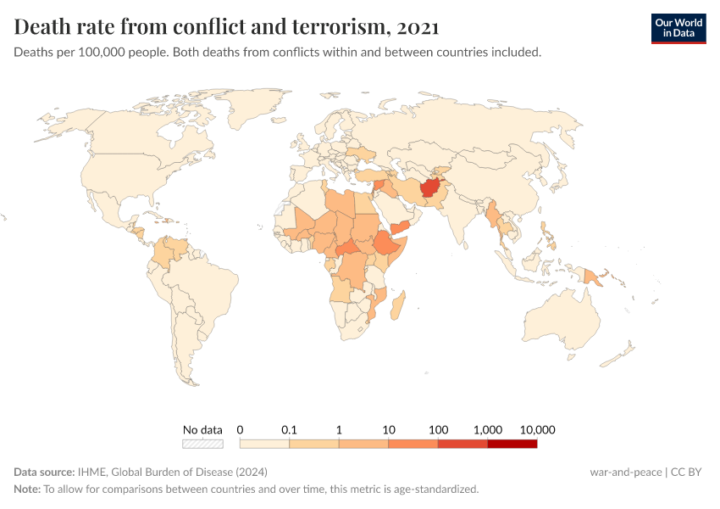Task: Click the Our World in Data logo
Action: (678, 27)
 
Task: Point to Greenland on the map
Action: (254, 106)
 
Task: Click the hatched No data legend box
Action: (202, 443)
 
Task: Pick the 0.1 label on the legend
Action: (290, 429)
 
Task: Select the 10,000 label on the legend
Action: (537, 429)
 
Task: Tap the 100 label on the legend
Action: (438, 429)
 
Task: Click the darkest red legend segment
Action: (512, 443)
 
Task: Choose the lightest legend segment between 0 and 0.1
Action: (265, 443)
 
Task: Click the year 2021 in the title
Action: (417, 27)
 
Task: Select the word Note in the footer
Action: (26, 489)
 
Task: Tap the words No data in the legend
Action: (202, 429)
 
